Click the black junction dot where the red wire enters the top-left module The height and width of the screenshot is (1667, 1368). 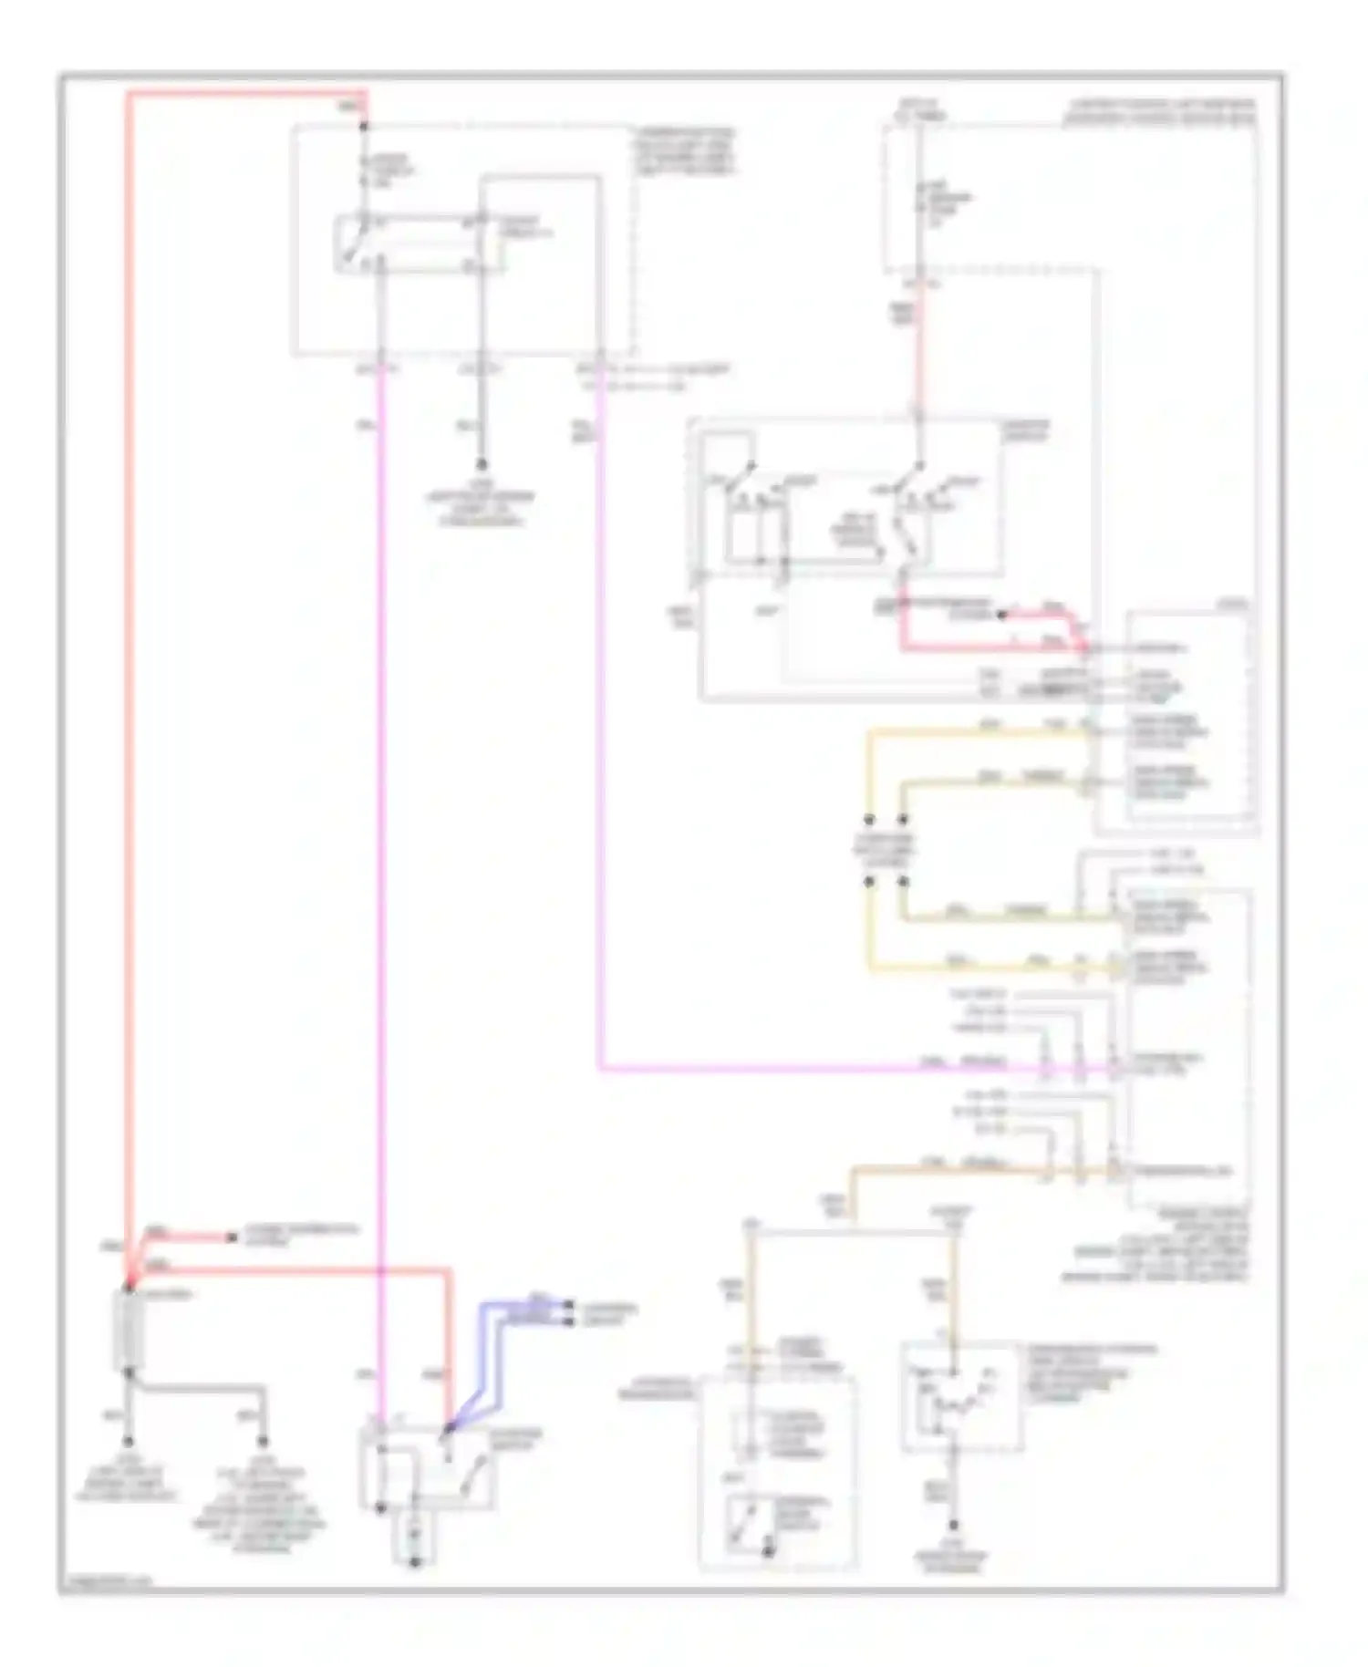[364, 126]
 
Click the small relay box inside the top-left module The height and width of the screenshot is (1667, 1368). [420, 243]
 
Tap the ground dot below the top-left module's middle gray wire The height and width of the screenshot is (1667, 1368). [482, 465]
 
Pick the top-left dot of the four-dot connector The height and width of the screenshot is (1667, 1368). [869, 819]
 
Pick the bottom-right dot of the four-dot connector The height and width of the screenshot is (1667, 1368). [903, 882]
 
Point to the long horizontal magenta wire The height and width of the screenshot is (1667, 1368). [821, 1068]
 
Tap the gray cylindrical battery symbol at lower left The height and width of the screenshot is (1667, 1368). [129, 1330]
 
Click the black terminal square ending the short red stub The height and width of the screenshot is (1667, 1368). [232, 1237]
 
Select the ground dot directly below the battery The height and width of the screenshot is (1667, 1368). [129, 1442]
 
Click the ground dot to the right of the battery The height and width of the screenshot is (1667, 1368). [263, 1442]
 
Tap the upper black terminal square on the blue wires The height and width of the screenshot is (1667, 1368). [569, 1305]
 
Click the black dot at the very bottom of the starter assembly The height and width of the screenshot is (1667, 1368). [415, 1562]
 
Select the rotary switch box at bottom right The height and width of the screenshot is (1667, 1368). [959, 1396]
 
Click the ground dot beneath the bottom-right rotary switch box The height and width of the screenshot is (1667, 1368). [954, 1525]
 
